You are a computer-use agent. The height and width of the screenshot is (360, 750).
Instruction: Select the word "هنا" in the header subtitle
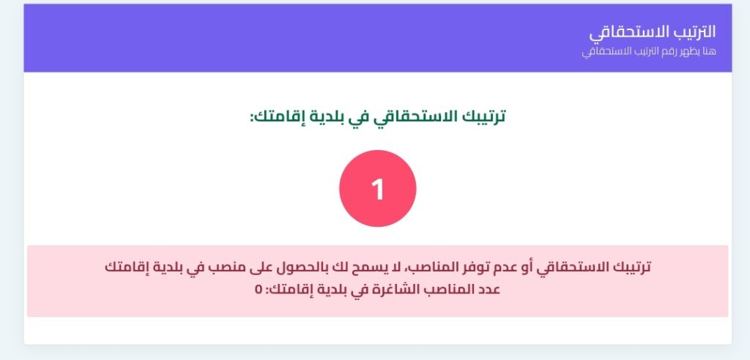pyautogui.click(x=709, y=51)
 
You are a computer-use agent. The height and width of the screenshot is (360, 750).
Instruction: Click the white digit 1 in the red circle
pyautogui.click(x=378, y=190)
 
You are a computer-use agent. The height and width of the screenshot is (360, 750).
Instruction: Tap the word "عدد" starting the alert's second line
pyautogui.click(x=489, y=290)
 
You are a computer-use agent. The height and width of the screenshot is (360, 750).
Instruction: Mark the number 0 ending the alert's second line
pyautogui.click(x=259, y=290)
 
